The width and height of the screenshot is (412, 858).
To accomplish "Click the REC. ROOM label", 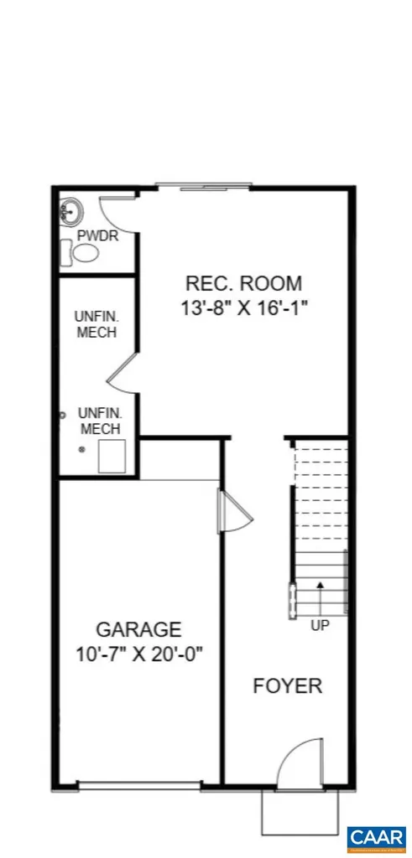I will pyautogui.click(x=243, y=284).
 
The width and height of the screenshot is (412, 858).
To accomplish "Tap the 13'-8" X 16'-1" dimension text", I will pyautogui.click(x=243, y=308).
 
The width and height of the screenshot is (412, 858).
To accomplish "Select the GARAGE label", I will pyautogui.click(x=138, y=628).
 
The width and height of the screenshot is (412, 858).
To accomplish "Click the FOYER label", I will pyautogui.click(x=288, y=686).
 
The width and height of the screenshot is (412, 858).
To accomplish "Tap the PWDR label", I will pyautogui.click(x=97, y=236).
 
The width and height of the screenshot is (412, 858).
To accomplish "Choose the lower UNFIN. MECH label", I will pyautogui.click(x=99, y=421).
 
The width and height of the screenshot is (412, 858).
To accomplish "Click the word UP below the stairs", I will pyautogui.click(x=320, y=625).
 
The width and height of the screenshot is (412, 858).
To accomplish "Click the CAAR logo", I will pyautogui.click(x=376, y=837).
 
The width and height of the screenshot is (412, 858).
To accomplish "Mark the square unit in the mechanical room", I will pyautogui.click(x=112, y=457).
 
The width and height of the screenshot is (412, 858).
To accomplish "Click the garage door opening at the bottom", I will pyautogui.click(x=139, y=786).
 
